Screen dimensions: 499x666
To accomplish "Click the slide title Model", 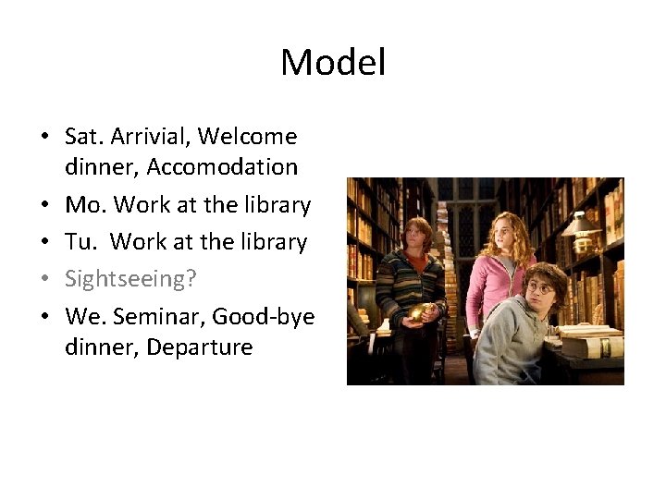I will [333, 63].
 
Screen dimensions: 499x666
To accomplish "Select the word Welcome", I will [247, 137].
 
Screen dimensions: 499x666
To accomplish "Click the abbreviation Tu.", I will [80, 241].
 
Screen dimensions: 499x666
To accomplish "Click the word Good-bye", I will [264, 317].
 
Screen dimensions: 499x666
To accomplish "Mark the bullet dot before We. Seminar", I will [44, 317].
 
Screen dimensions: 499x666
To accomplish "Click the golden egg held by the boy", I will [417, 312].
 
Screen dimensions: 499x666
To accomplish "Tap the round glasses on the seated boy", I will [539, 288].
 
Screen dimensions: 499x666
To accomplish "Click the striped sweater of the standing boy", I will [407, 277].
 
